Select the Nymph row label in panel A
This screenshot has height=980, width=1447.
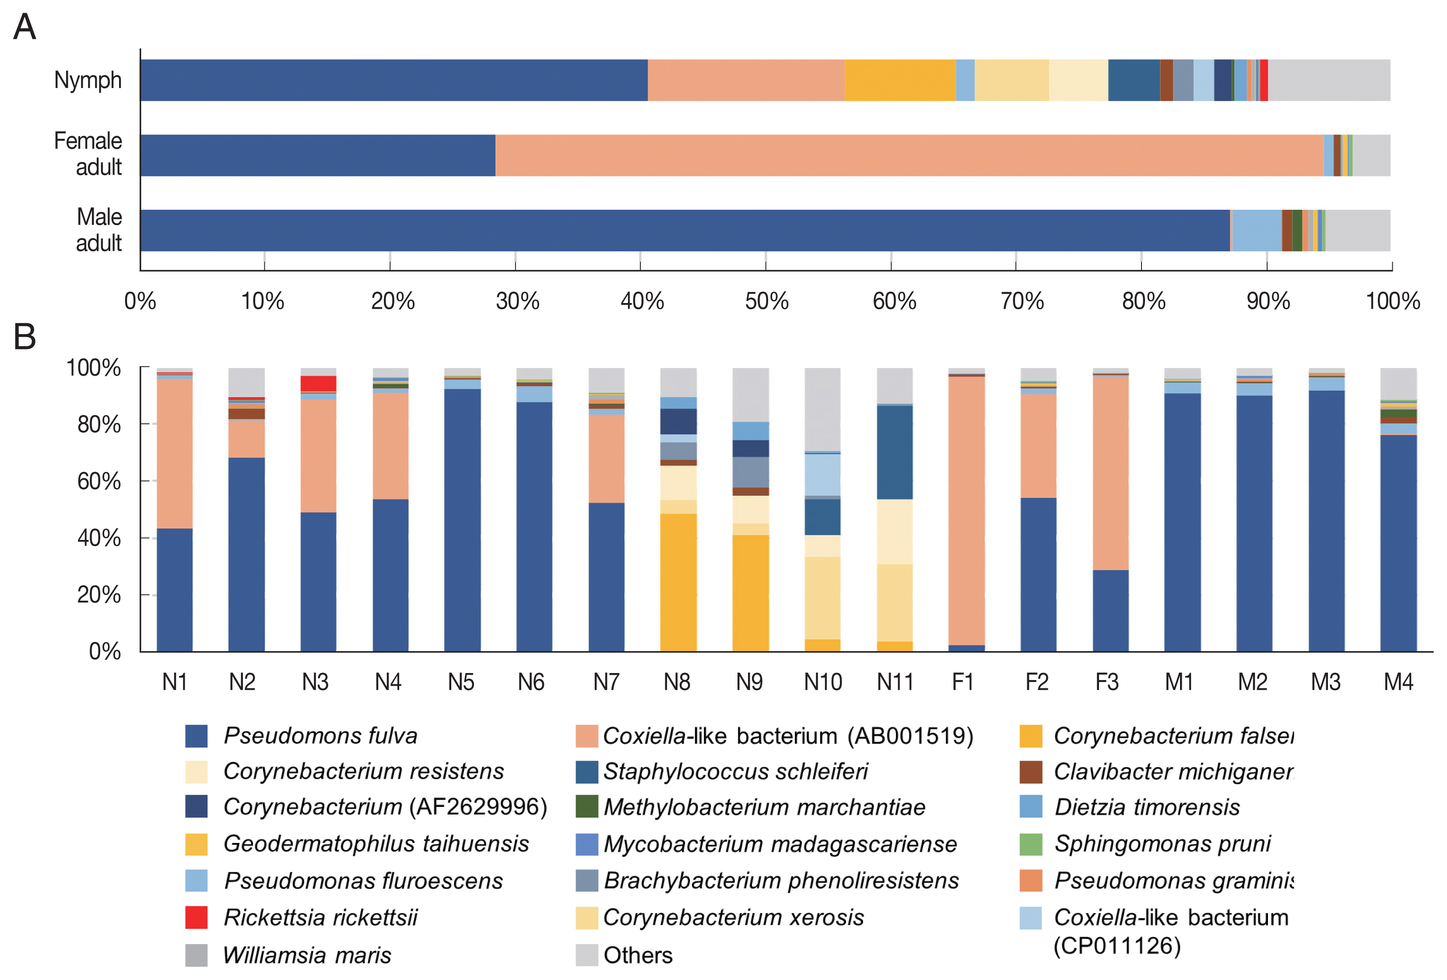click(x=88, y=81)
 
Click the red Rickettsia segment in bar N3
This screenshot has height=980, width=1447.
click(x=318, y=384)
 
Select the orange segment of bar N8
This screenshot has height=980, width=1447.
click(x=678, y=582)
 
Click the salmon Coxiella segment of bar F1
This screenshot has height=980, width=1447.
click(x=966, y=511)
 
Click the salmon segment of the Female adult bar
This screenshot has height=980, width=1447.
click(x=909, y=155)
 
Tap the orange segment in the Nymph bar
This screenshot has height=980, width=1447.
click(x=900, y=81)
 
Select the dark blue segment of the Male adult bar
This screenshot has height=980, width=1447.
click(x=685, y=230)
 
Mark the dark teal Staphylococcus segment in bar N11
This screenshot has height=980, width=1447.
click(x=895, y=452)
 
